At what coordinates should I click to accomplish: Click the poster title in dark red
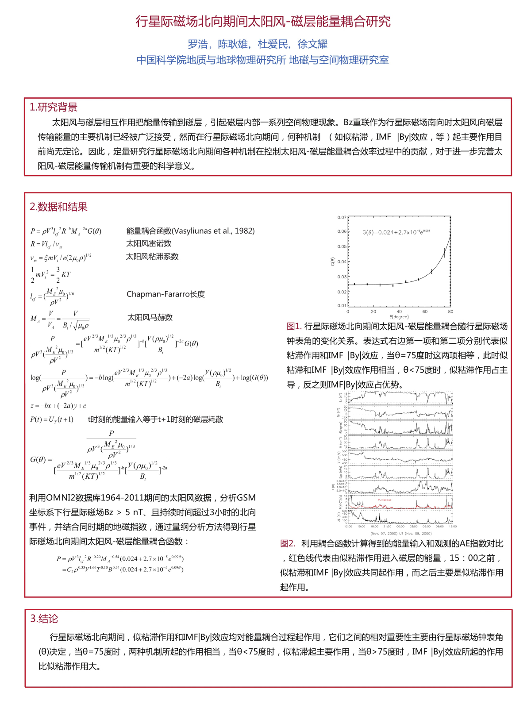pos(263,21)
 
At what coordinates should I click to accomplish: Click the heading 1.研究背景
pos(54,107)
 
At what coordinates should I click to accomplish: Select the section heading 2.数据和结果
pos(58,207)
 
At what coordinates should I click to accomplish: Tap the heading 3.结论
pos(44,619)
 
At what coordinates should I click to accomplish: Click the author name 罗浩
pos(197,44)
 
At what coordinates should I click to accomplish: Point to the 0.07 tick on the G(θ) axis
pos(342,217)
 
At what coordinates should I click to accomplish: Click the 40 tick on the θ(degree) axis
pos(399,312)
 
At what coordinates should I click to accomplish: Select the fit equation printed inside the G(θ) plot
pos(396,232)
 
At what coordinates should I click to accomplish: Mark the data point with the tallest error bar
pos(444,253)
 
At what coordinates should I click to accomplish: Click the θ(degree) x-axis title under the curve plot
pos(399,317)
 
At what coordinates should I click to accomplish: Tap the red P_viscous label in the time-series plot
pos(385,500)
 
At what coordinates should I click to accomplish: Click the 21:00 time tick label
pos(387,527)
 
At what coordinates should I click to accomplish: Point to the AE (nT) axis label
pos(339,516)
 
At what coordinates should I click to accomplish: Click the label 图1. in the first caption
pos(294,327)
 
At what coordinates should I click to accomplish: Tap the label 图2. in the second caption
pos(288,544)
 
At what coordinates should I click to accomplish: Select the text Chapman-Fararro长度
pos(165,294)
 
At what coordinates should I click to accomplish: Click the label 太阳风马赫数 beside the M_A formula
pos(150,317)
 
